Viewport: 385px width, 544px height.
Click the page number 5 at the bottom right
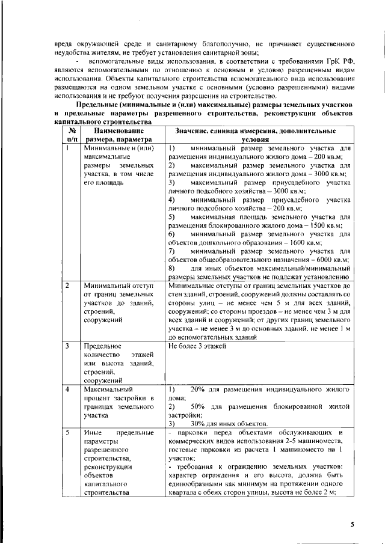point(353,525)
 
